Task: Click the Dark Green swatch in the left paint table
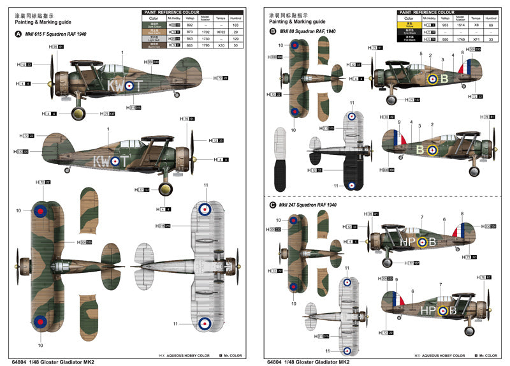pyautogui.click(x=152, y=24)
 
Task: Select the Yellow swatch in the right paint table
pyautogui.click(x=409, y=24)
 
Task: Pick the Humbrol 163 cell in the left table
pyautogui.click(x=236, y=24)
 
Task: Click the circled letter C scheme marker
pyautogui.click(x=273, y=205)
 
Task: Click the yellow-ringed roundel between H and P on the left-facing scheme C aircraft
pyautogui.click(x=422, y=242)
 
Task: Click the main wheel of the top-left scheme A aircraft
pyautogui.click(x=78, y=114)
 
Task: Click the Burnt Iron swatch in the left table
pyautogui.click(x=152, y=45)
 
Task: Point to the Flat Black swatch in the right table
pyautogui.click(x=409, y=38)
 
